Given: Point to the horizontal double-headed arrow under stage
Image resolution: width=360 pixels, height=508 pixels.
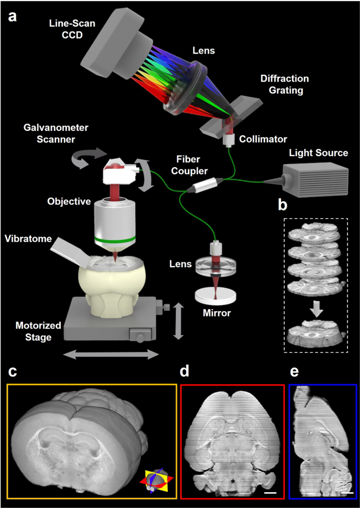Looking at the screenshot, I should point(111,355).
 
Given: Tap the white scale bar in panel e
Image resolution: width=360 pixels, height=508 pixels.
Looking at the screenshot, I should point(347,493).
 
